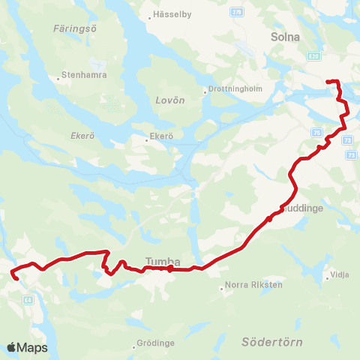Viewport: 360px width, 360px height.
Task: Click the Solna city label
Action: click(x=285, y=36)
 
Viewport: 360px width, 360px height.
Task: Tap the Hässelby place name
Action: click(x=172, y=15)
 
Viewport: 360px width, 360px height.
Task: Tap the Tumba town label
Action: click(x=159, y=261)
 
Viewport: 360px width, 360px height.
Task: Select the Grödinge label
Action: click(x=156, y=343)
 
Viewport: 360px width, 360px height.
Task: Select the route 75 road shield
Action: click(x=318, y=132)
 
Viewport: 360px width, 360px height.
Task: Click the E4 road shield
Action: click(x=27, y=299)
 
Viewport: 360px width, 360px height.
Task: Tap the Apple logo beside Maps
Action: click(x=11, y=347)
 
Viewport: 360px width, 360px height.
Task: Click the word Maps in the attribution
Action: click(x=32, y=347)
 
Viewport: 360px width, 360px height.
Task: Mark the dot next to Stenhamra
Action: click(x=58, y=76)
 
